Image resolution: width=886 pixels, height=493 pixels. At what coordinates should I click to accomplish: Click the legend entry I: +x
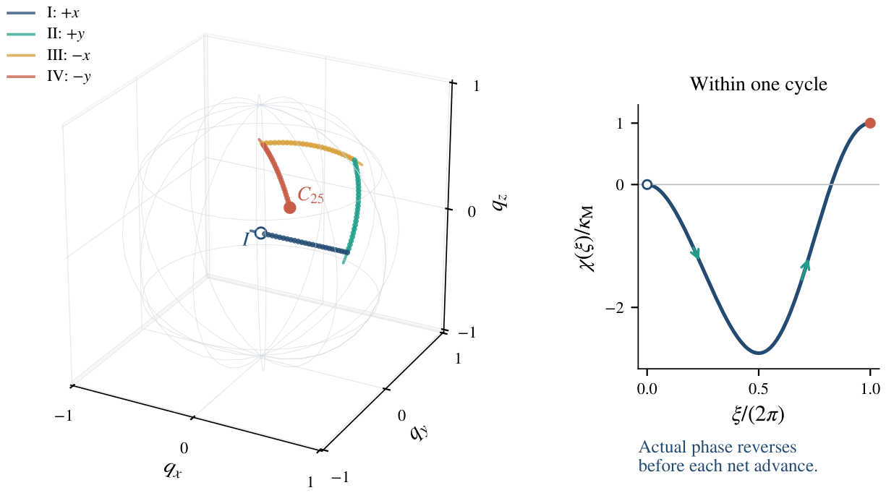[43, 13]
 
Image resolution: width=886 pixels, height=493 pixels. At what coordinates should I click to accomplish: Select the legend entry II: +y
[46, 34]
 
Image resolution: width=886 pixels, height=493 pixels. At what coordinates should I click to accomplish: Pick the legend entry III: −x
[48, 56]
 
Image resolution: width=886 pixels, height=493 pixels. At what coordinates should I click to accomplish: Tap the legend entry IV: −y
[48, 77]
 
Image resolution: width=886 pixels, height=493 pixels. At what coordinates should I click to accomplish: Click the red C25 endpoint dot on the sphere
[290, 207]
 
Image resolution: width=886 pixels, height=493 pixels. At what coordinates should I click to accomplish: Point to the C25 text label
[310, 195]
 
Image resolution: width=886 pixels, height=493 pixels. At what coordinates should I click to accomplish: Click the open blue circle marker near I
[260, 233]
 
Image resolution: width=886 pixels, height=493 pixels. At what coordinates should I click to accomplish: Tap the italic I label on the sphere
[246, 239]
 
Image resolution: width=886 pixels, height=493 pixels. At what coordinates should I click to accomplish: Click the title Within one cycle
[759, 84]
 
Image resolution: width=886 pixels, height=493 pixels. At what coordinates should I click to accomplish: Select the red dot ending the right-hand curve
[870, 124]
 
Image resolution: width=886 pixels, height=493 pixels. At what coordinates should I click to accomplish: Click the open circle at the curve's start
[647, 184]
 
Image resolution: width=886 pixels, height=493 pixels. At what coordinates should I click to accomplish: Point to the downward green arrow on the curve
[696, 253]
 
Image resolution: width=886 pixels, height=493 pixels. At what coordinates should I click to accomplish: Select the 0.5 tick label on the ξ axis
[759, 389]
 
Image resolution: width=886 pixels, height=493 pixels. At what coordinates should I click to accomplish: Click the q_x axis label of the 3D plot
[173, 470]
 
